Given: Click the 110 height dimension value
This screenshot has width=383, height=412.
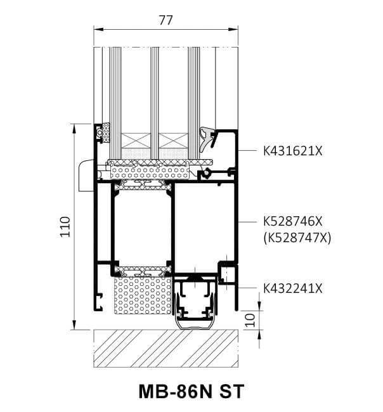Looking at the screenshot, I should point(63,226).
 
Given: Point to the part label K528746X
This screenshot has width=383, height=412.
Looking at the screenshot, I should point(293,222).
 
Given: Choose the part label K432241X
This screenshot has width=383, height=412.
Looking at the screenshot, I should point(293,288).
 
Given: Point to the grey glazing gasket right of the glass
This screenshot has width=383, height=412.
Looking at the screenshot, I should point(205,138).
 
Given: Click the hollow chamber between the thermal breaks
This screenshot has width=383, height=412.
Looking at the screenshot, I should point(142,225).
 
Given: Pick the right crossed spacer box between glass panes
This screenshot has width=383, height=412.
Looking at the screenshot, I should point(173,140).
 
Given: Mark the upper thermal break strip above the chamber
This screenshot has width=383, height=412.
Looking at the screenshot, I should point(143,184).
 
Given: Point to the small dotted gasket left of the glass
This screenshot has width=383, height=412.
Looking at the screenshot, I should point(104,133).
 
